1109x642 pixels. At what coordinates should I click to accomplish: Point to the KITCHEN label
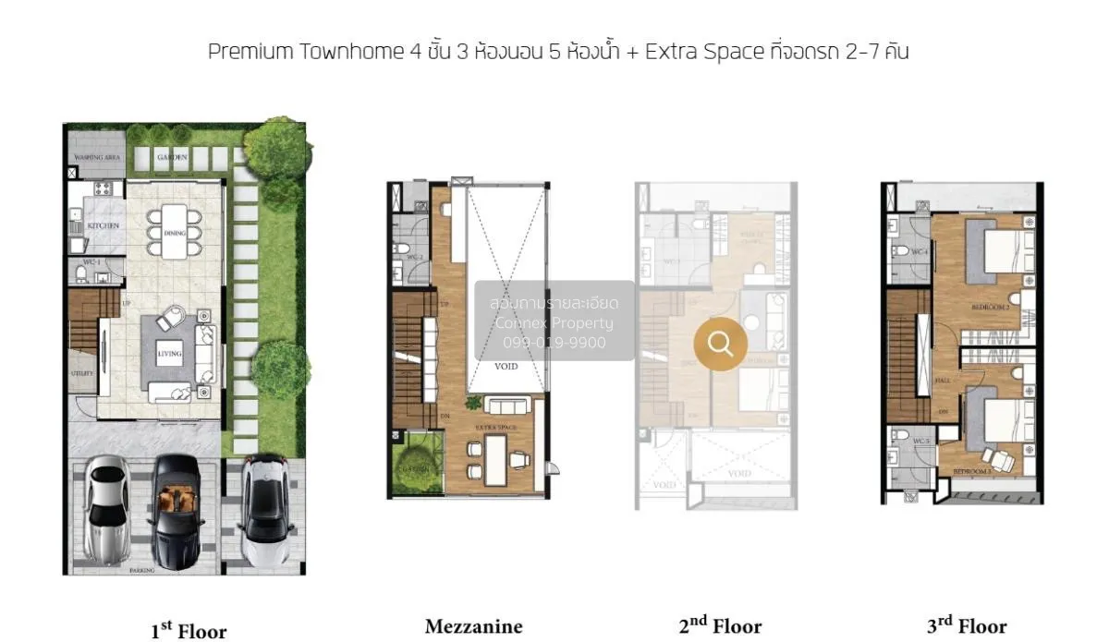98,226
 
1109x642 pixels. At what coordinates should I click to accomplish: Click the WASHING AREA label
94,158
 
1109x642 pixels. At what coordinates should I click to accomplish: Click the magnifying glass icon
720,345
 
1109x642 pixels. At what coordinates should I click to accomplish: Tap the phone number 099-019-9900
554,343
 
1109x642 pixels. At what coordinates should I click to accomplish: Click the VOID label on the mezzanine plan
506,367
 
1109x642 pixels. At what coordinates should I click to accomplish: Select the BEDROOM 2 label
990,305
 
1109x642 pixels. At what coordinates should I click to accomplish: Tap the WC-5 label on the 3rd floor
920,442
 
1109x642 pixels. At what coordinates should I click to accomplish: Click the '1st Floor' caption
189,631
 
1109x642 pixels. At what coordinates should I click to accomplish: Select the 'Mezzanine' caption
473,627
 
